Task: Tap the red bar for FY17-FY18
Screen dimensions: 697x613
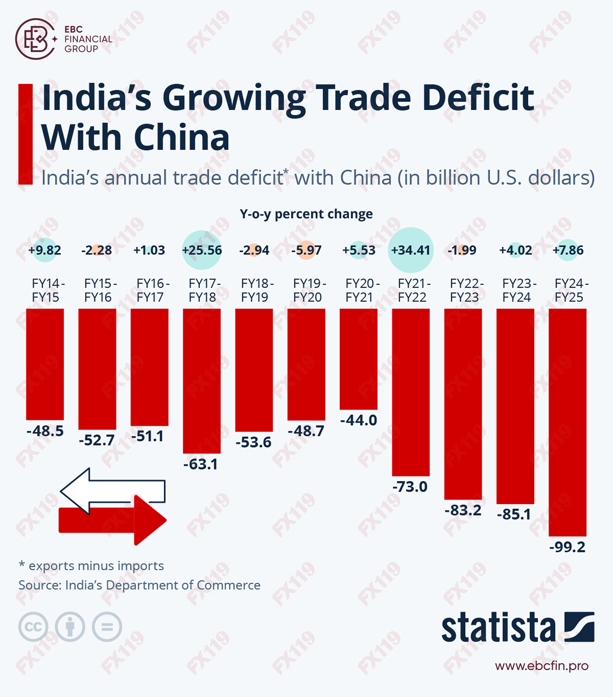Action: [202, 381]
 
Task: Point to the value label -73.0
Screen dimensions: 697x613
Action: [410, 487]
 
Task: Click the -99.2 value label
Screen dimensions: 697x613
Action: [567, 547]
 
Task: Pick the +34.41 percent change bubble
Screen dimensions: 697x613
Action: [410, 250]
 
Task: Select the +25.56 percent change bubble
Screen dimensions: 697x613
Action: [202, 250]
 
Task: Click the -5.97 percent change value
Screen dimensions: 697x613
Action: [306, 250]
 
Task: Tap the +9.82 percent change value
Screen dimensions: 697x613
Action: [45, 250]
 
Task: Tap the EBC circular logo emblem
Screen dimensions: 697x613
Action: [35, 39]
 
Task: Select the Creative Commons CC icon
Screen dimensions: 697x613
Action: [33, 627]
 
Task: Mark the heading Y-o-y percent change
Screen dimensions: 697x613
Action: [306, 214]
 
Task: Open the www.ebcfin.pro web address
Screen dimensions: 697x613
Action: [541, 666]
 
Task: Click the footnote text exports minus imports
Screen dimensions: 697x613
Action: [96, 566]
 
